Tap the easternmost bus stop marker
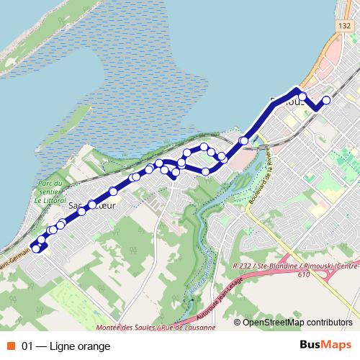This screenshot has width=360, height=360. pyautogui.click(x=326, y=100)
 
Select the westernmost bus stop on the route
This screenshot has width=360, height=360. pyautogui.click(x=35, y=248)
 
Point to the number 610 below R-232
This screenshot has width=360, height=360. pyautogui.click(x=302, y=274)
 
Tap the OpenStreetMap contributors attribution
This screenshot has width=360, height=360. pyautogui.click(x=297, y=322)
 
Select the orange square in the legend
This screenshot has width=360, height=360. pyautogui.click(x=10, y=346)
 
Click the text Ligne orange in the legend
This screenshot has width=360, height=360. pyautogui.click(x=81, y=346)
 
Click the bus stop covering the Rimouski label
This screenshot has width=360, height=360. pyautogui.click(x=303, y=96)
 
